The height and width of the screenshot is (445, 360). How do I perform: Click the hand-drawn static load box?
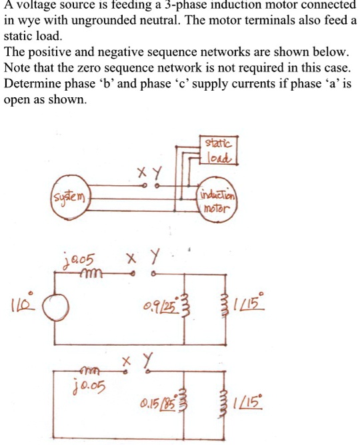217,151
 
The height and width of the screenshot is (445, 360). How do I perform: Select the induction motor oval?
217,199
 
